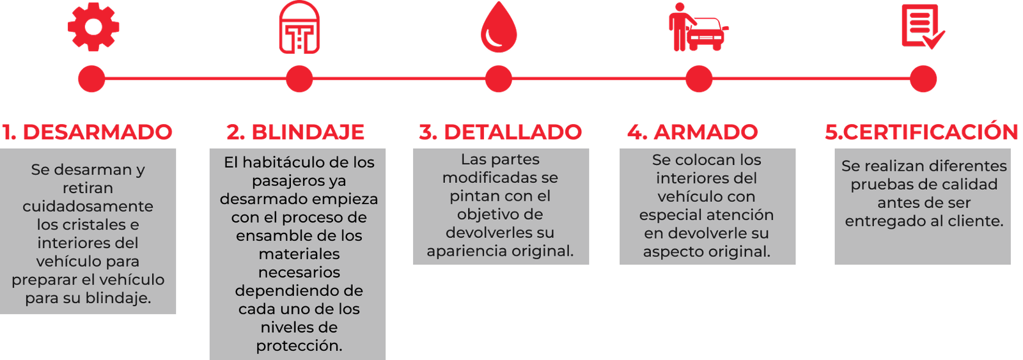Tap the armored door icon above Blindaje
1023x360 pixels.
299,28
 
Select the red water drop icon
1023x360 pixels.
499,28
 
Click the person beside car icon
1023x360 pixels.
698,28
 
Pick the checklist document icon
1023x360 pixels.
922,27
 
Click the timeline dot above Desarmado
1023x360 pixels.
91,79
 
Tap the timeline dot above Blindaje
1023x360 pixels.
299,79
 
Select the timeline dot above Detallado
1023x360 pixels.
499,79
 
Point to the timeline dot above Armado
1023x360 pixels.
698,79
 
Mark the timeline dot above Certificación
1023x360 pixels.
923,79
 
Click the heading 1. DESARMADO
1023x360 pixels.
88,132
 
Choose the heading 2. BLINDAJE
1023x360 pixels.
295,132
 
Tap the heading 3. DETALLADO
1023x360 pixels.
500,132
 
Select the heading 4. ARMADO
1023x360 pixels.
692,132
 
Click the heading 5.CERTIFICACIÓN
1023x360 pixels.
921,132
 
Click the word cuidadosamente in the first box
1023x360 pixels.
88,207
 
